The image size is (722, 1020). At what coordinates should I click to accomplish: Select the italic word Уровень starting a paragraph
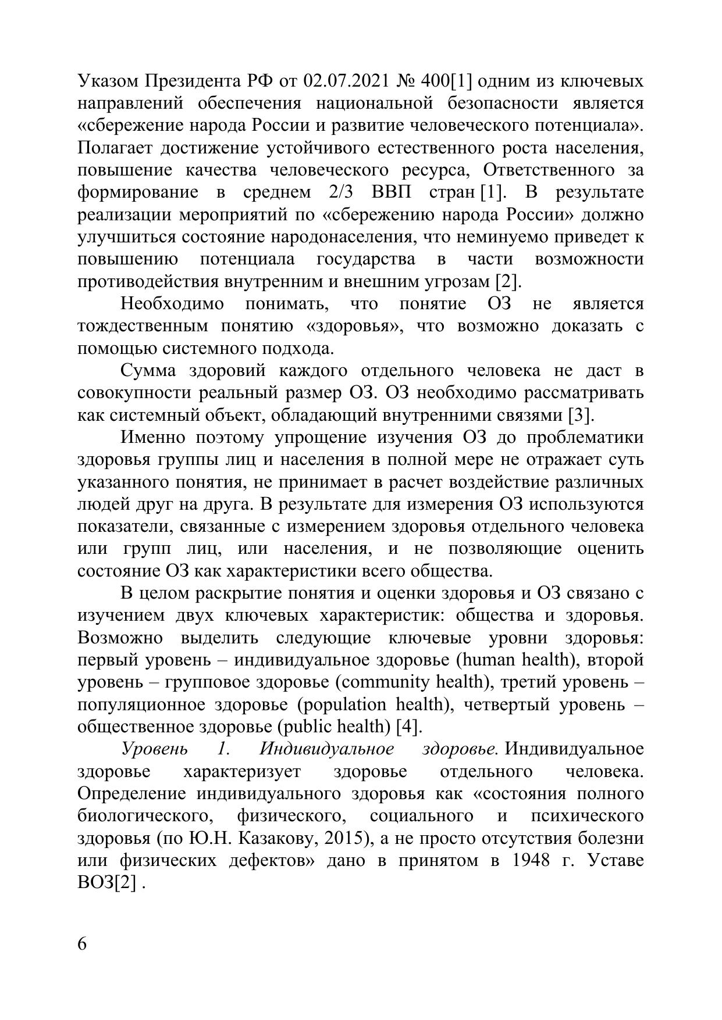[154, 749]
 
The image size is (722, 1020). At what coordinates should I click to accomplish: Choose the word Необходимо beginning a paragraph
[172, 304]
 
